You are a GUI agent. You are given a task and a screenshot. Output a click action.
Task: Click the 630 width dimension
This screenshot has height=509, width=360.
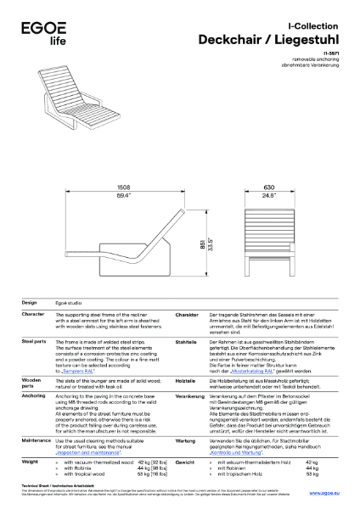[268, 186]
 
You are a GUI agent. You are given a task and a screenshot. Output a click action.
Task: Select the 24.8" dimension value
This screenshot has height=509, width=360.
[268, 196]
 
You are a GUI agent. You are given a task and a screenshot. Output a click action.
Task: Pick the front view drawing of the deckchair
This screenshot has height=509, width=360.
[268, 235]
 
